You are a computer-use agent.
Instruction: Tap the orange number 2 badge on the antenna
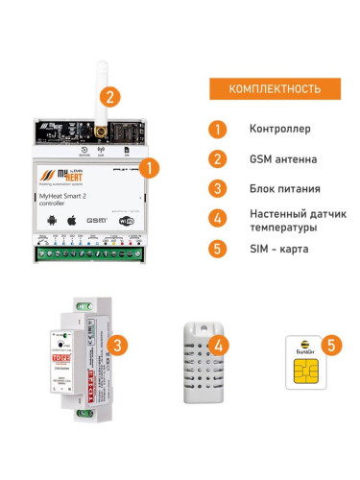click(112, 96)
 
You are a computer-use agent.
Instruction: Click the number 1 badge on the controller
click(148, 166)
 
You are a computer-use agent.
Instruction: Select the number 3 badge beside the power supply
click(116, 345)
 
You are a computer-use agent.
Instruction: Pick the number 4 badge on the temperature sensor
click(221, 345)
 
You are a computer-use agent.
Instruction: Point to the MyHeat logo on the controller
click(56, 176)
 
